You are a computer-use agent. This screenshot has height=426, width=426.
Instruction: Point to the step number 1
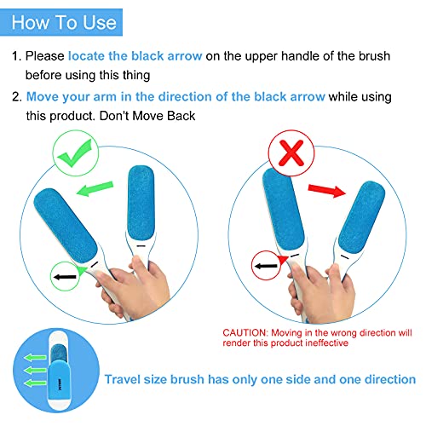click(x=14, y=56)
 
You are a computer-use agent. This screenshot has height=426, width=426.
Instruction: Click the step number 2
click(x=14, y=97)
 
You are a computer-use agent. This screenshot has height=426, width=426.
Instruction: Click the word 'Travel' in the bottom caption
click(x=125, y=379)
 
